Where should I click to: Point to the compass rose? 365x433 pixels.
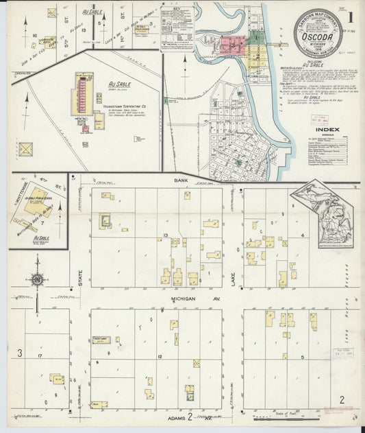pyautogui.click(x=37, y=280)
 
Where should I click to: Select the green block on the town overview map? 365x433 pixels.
pyautogui.click(x=255, y=38)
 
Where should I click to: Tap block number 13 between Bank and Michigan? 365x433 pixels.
pyautogui.click(x=166, y=235)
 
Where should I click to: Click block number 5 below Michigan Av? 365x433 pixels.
pyautogui.click(x=301, y=357)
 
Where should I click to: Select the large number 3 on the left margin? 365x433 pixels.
pyautogui.click(x=21, y=353)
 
